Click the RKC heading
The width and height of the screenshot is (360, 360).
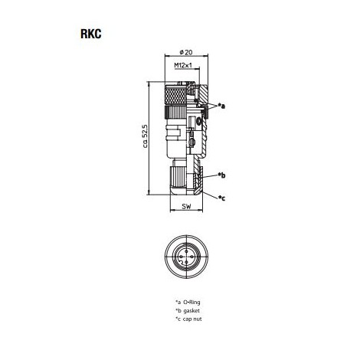pos(91,34)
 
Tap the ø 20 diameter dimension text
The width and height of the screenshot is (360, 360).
pos(186,52)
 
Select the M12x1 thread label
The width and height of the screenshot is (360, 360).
pos(183,65)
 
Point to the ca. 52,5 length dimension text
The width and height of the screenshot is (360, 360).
pos(145,136)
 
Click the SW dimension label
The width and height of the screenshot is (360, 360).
pos(186,207)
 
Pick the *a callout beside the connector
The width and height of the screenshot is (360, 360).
pos(221,106)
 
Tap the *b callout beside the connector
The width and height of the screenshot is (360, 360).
pos(221,175)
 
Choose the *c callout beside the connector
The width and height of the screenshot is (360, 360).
pos(221,198)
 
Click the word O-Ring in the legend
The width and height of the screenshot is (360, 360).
pos(191,302)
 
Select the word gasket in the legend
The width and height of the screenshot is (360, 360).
pos(191,311)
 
